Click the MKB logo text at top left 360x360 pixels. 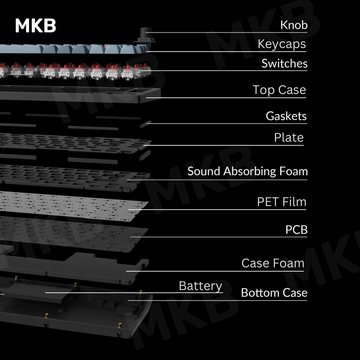(35, 26)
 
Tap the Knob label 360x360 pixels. (294, 25)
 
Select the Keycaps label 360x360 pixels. (282, 44)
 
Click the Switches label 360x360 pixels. (284, 63)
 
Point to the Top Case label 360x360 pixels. (279, 90)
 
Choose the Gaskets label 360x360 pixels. (286, 116)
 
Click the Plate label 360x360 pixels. (289, 137)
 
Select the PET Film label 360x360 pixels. (282, 202)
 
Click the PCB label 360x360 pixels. (296, 230)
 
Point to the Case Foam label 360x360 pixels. (273, 263)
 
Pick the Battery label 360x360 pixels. (200, 286)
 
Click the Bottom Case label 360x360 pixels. (274, 293)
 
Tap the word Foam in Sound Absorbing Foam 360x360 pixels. (293, 171)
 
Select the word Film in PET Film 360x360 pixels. (294, 202)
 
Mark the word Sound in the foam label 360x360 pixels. (204, 171)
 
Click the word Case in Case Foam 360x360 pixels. (255, 263)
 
